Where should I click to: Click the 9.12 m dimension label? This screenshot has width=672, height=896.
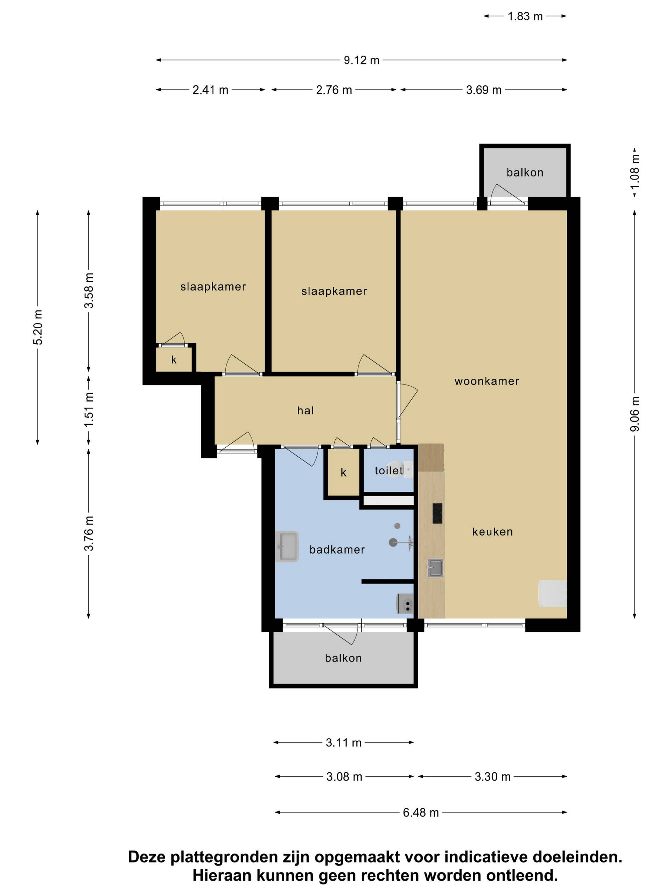click(x=361, y=60)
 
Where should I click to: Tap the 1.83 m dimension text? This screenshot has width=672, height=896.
click(x=525, y=16)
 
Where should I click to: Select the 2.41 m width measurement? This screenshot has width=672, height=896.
click(x=210, y=90)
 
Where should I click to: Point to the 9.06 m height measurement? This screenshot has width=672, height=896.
click(x=635, y=414)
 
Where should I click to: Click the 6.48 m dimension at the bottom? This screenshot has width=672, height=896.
click(x=421, y=813)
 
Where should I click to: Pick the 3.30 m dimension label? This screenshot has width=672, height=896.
click(x=492, y=777)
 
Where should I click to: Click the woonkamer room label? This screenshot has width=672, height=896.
click(x=487, y=381)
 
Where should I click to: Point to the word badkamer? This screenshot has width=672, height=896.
click(x=337, y=549)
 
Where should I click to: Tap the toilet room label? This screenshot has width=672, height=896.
click(x=388, y=470)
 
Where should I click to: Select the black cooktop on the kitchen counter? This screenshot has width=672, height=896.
click(x=437, y=513)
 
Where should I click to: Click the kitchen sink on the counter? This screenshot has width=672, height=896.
click(x=435, y=568)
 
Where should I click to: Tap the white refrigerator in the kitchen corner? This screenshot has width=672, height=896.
click(x=553, y=593)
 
